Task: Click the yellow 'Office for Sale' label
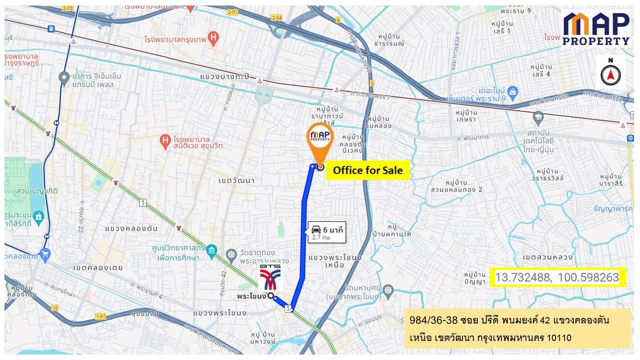[x=368, y=170]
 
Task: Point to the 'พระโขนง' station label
[x=251, y=295]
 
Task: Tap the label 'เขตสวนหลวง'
[x=547, y=257]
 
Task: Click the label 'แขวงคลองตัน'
[x=132, y=228]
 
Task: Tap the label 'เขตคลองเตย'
[x=97, y=267]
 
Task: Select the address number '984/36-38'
[x=431, y=321]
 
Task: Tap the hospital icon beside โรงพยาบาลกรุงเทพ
[x=213, y=38]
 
